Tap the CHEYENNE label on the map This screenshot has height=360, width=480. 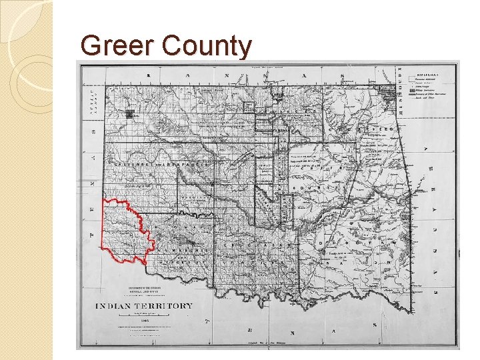click(130, 163)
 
